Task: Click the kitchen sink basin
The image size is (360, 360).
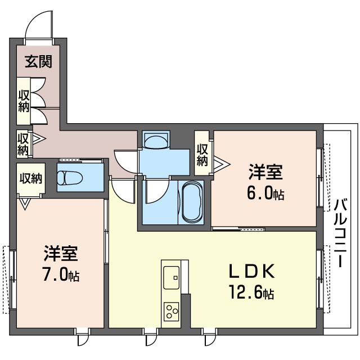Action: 171,277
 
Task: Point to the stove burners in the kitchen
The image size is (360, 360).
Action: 171,310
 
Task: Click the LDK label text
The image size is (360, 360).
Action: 251,272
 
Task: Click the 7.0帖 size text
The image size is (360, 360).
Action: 61,274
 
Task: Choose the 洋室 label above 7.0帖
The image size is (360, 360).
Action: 61,254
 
